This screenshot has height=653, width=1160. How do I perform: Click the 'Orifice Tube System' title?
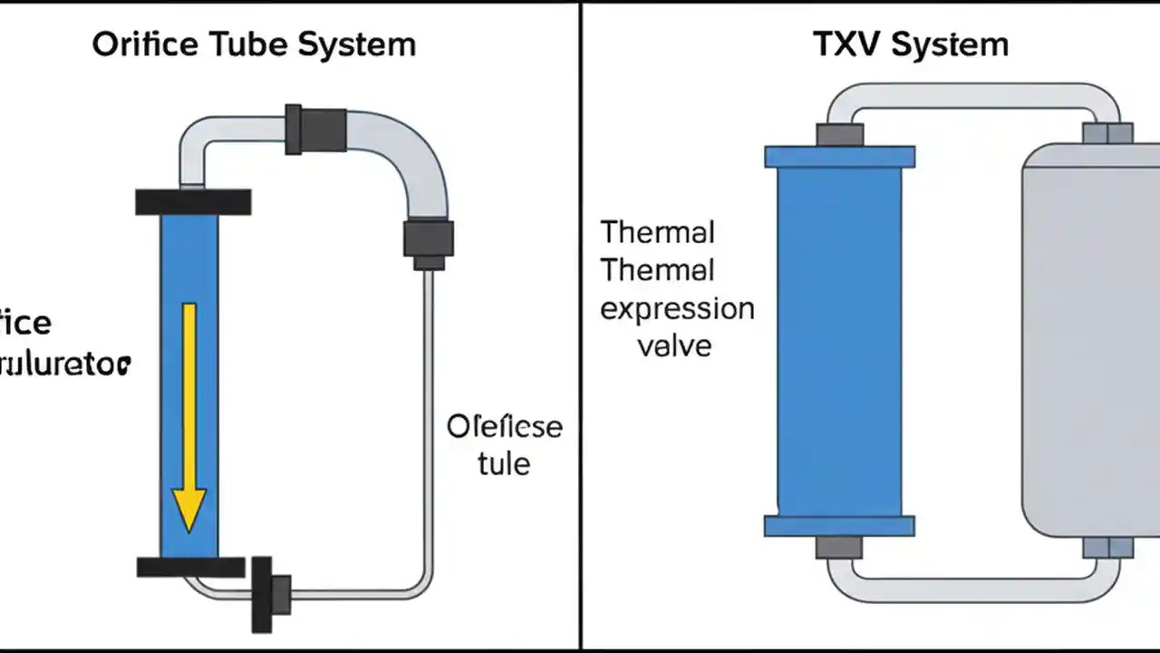pyautogui.click(x=254, y=44)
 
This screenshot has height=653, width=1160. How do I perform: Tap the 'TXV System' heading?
pyautogui.click(x=912, y=44)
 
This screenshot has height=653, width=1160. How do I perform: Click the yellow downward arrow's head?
pyautogui.click(x=189, y=509)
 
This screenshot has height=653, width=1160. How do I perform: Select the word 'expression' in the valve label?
pyautogui.click(x=677, y=308)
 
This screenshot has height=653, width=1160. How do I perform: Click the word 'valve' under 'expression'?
pyautogui.click(x=674, y=346)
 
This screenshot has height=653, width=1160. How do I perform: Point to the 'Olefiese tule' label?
pyautogui.click(x=505, y=444)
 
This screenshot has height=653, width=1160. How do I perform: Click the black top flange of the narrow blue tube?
pyautogui.click(x=193, y=201)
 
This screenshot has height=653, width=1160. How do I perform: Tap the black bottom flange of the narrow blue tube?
pyautogui.click(x=191, y=568)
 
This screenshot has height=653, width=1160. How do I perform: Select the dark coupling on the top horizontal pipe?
pyautogui.click(x=315, y=129)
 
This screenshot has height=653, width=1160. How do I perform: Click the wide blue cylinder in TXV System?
pyautogui.click(x=839, y=341)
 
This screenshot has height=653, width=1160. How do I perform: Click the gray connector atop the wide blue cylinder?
pyautogui.click(x=839, y=135)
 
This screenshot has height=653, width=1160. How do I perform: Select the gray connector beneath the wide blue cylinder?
pyautogui.click(x=839, y=547)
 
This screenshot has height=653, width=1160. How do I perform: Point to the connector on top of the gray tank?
pyautogui.click(x=1107, y=133)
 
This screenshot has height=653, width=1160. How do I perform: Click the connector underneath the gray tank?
pyautogui.click(x=1107, y=548)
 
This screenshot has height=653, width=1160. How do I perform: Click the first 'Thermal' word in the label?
pyautogui.click(x=658, y=232)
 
